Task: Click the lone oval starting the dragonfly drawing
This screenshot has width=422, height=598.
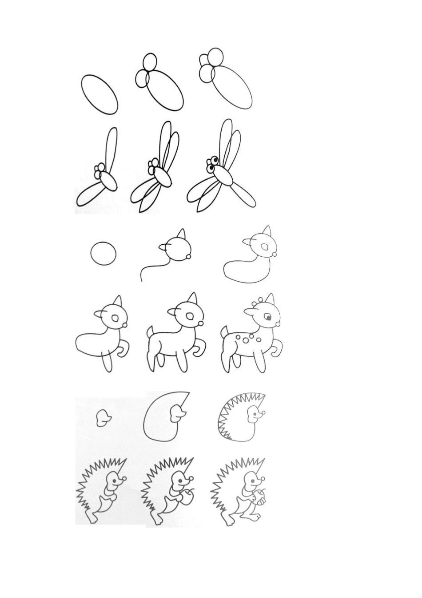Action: (x=100, y=94)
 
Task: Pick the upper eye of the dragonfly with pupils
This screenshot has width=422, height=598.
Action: (x=215, y=160)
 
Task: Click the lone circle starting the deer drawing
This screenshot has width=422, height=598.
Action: (x=103, y=254)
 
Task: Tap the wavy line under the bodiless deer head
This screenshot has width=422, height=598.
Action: (x=153, y=269)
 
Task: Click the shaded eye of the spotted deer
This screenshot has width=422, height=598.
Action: (x=269, y=317)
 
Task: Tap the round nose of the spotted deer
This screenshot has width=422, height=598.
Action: (x=278, y=325)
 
